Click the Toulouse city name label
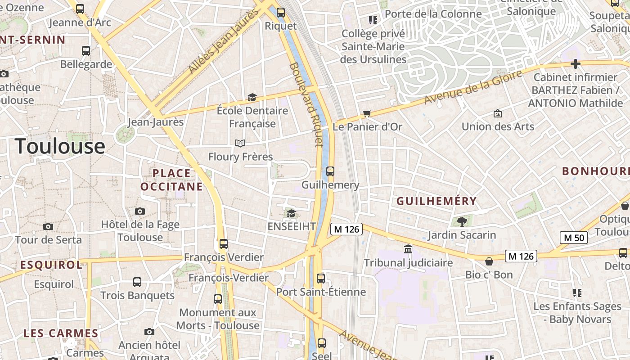point(60,146)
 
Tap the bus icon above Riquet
point(281,13)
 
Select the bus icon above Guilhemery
point(330,171)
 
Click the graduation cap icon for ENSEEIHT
point(291,213)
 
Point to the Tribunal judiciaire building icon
point(408,249)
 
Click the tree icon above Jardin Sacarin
point(462,221)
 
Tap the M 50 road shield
point(574,238)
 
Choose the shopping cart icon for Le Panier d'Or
point(367,113)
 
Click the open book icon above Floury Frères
point(240,143)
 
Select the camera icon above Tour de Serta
point(48,227)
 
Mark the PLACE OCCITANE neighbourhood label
point(171,180)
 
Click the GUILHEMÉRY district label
point(436,201)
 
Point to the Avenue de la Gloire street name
point(474,87)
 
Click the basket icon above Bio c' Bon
point(489,261)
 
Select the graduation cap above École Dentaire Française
point(252,97)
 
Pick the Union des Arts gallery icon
point(498,113)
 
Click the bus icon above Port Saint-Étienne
point(321,278)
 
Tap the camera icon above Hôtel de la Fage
point(140,211)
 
